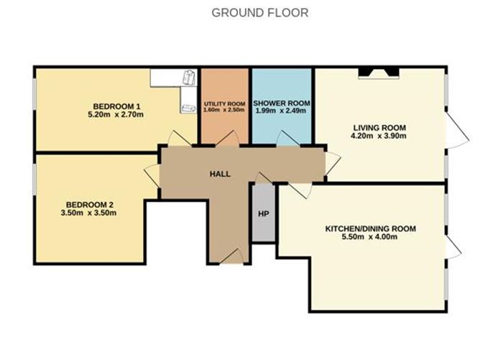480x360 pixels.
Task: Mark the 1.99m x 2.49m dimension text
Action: pos(282,112)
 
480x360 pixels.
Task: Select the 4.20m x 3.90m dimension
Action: pos(378,136)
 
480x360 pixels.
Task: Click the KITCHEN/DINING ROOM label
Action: pos(370,229)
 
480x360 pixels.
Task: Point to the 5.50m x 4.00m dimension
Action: pos(370,238)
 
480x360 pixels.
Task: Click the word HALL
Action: pos(220,174)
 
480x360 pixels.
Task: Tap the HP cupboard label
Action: pos(263,213)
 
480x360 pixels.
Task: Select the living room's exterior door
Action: pos(454,129)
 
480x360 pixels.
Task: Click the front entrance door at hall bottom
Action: pos(231,257)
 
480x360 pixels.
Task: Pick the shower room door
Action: pos(285,139)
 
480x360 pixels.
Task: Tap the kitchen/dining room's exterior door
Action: pos(453,245)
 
